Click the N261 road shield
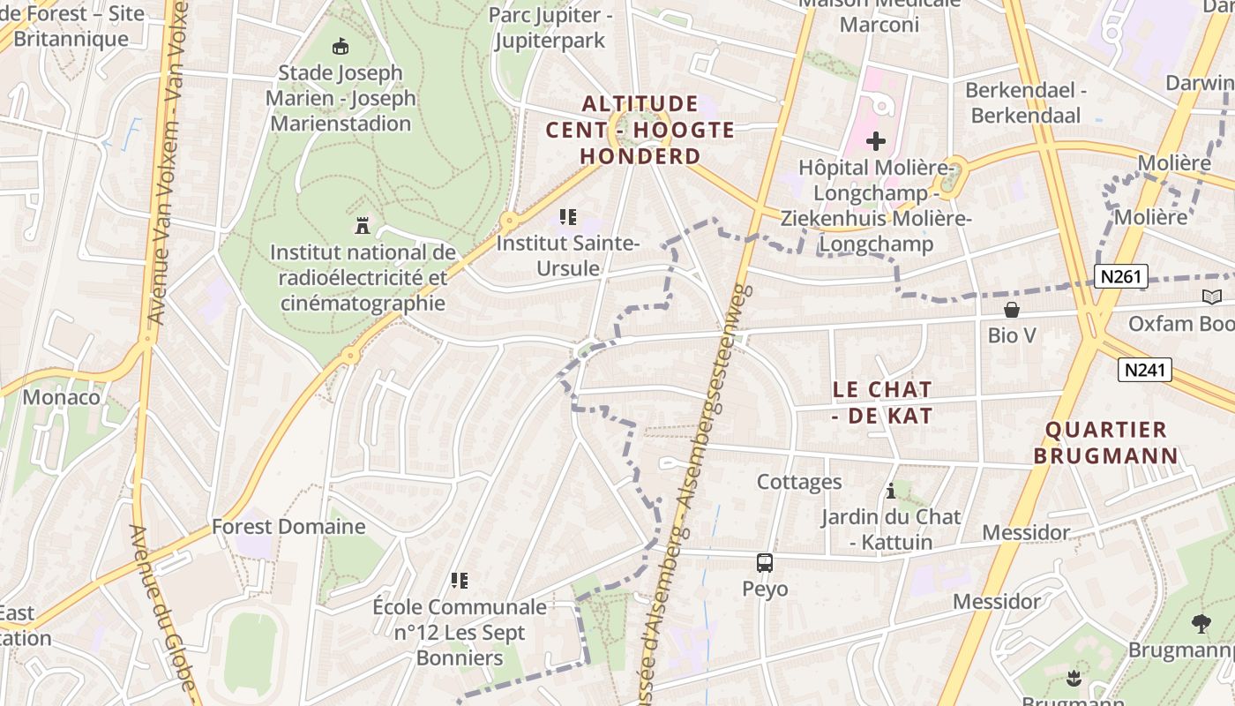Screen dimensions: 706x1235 point(1121,276)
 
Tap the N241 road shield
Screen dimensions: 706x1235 point(1145,370)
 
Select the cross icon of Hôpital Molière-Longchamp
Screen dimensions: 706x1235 point(875,140)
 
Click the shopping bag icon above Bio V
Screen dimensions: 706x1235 point(1012,310)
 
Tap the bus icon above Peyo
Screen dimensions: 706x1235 point(765,562)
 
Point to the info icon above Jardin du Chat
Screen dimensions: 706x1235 point(891,491)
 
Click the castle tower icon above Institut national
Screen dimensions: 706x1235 point(362,225)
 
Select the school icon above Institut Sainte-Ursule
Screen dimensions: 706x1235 point(569,216)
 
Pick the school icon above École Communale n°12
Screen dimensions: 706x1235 point(459,580)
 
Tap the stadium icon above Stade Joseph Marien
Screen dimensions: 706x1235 point(340,46)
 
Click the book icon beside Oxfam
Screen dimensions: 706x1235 point(1211,297)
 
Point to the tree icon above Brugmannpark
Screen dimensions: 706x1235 point(1201,624)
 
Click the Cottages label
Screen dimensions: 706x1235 point(799,482)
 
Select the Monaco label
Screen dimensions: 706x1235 point(62,397)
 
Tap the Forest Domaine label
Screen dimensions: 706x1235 point(288,527)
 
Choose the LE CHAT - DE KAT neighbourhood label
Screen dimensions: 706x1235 point(882,402)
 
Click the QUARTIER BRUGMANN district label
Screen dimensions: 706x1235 point(1106,443)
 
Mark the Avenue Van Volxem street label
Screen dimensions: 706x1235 point(168,159)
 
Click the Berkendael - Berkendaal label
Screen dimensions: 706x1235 point(1026,102)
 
